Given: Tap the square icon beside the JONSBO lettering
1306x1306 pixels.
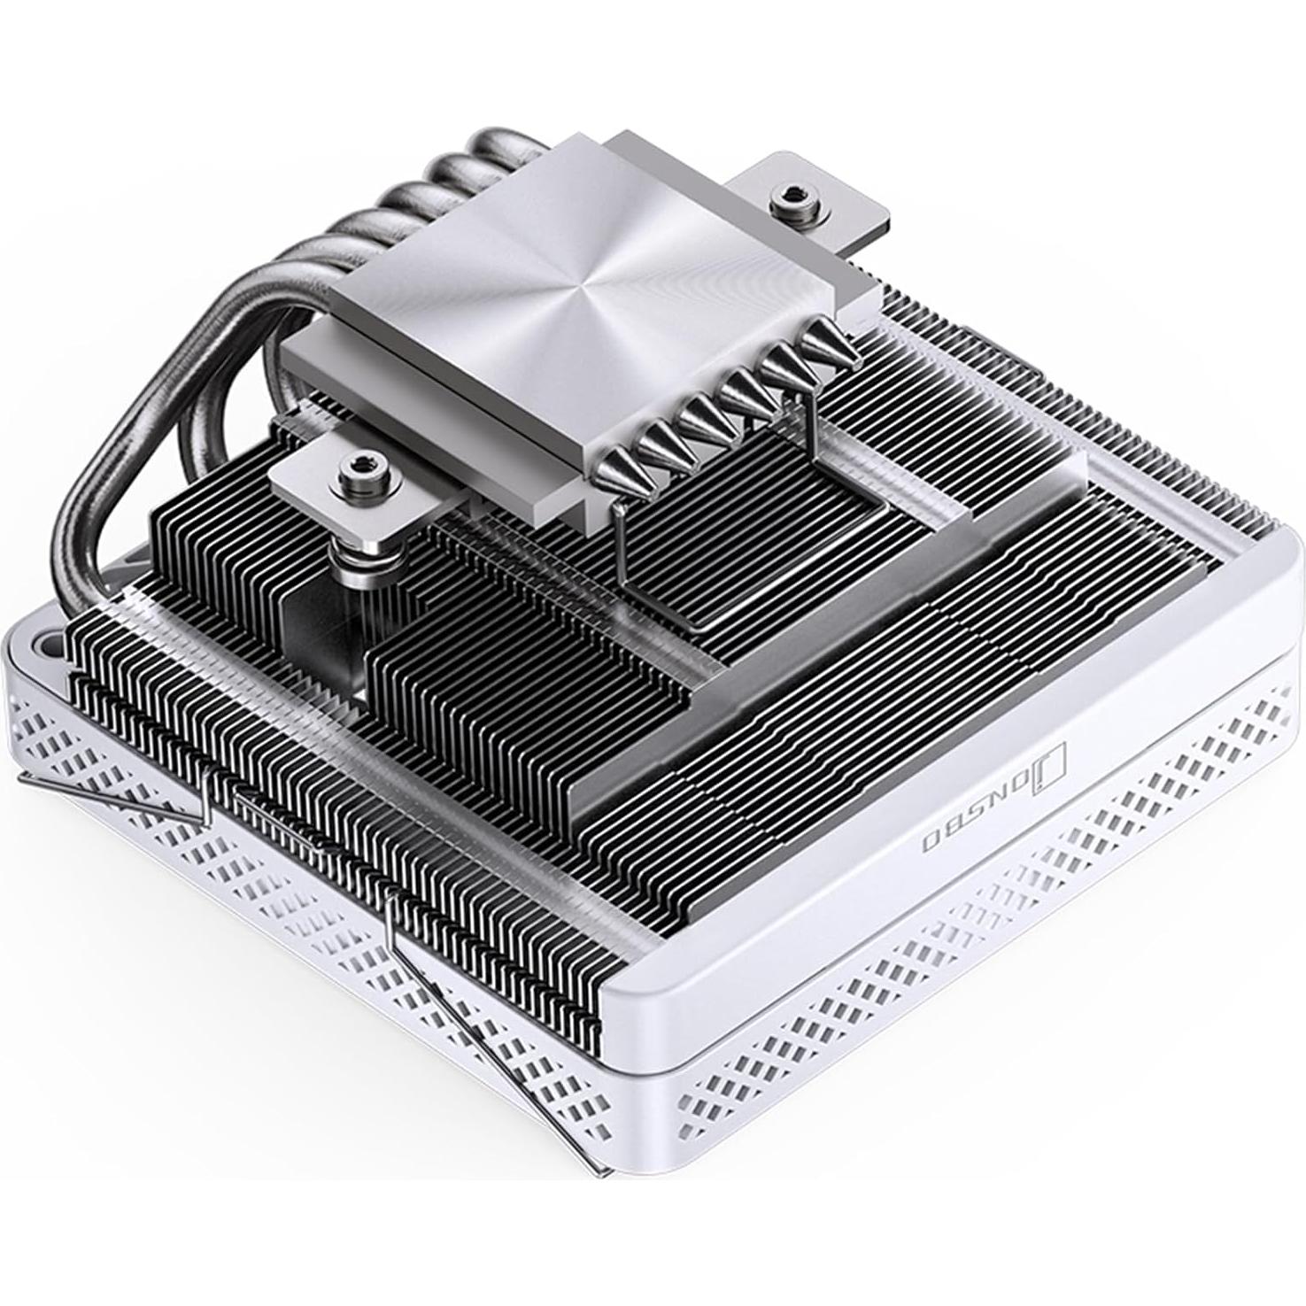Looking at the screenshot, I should tap(1055, 758).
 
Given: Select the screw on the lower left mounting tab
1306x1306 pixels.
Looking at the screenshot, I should tap(359, 463).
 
